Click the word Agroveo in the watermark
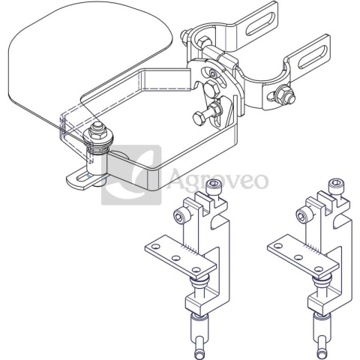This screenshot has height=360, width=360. click(218, 178)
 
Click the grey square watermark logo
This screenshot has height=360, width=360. click(131, 175)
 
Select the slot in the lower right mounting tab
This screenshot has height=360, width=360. click(312, 55)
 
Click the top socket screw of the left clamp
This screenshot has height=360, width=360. click(213, 185)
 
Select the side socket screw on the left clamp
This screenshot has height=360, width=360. click(181, 215)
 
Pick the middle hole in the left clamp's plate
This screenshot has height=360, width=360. click(176, 258)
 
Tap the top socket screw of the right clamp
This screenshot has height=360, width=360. click(335, 185)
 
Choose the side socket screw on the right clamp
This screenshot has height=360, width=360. click(303, 215)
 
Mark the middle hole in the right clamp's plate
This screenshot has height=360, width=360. click(298, 257)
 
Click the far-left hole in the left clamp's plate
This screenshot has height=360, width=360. click(155, 247)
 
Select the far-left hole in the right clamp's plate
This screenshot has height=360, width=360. click(277, 246)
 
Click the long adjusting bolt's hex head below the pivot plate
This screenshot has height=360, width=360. click(199, 119)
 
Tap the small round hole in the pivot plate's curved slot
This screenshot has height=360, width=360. click(213, 74)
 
